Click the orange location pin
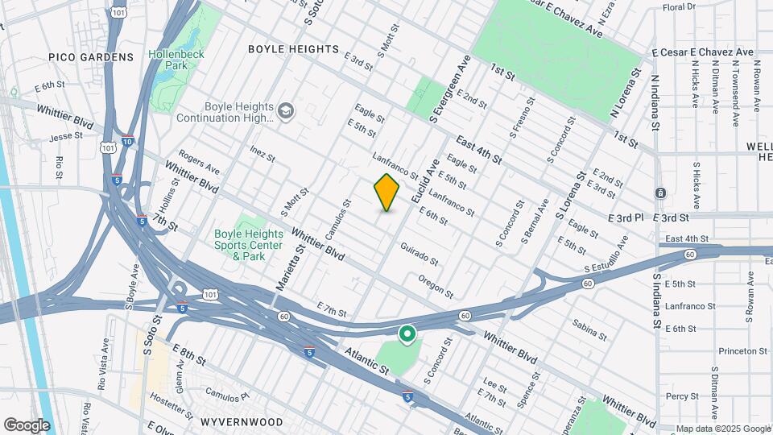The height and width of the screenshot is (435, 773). [387, 193]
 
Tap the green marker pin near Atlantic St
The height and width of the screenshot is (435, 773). [407, 333]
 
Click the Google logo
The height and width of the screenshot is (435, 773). [27, 425]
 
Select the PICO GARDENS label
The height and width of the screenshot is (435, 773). [90, 57]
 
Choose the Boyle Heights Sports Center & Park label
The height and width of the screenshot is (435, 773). [248, 245]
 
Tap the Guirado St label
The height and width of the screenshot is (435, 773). [419, 255]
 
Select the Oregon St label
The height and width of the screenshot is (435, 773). [436, 285]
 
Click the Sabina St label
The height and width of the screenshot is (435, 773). [589, 325]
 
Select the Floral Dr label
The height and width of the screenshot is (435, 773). [678, 6]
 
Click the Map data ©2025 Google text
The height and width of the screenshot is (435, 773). [722, 429]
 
